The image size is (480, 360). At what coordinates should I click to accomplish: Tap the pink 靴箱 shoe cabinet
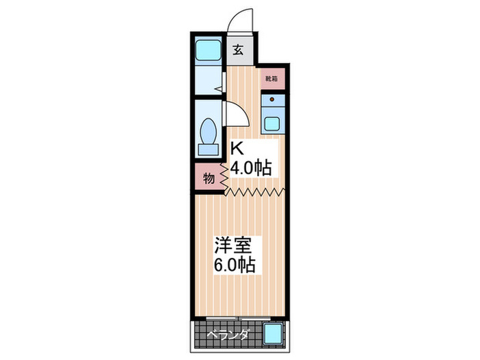click(272, 78)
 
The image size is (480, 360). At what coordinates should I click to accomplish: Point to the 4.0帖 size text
click(250, 167)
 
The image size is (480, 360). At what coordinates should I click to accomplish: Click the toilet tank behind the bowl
click(208, 148)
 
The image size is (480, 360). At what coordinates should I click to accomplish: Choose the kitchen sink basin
click(272, 124)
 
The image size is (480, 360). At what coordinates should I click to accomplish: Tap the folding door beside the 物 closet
click(224, 176)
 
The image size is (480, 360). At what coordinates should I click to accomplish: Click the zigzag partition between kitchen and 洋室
click(254, 191)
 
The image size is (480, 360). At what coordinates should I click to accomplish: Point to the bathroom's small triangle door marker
click(217, 88)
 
